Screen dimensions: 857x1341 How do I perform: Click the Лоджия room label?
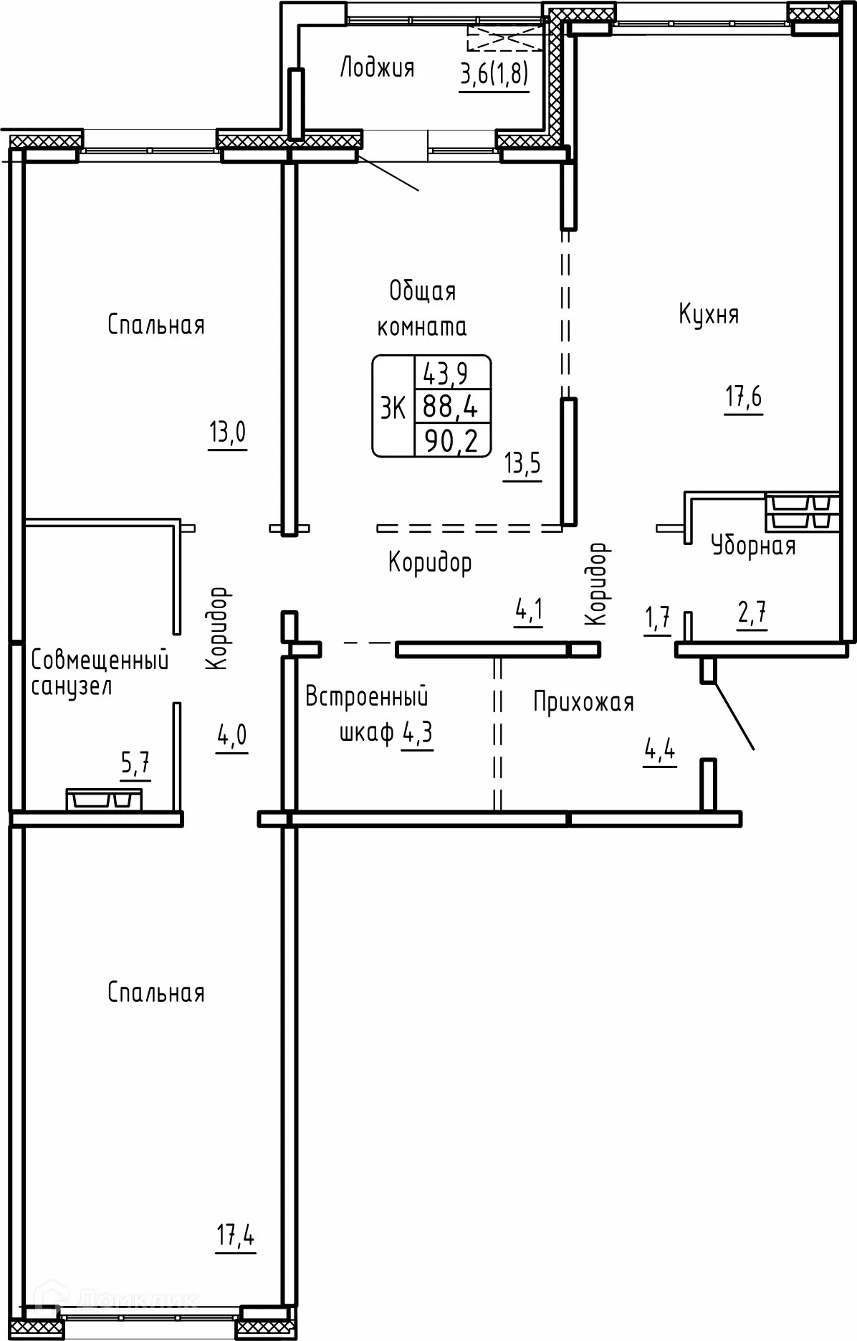pyautogui.click(x=377, y=67)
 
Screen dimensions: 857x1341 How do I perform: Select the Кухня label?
pyautogui.click(x=709, y=314)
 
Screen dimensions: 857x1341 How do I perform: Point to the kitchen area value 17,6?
pyautogui.click(x=743, y=397)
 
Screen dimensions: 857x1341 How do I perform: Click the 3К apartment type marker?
pyautogui.click(x=393, y=408)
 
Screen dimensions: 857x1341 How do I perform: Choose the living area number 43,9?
pyautogui.click(x=445, y=373)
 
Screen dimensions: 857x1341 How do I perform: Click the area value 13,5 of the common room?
pyautogui.click(x=522, y=465)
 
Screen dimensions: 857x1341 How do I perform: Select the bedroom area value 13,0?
pyautogui.click(x=227, y=433)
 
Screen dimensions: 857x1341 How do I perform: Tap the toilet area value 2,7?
pyautogui.click(x=752, y=615)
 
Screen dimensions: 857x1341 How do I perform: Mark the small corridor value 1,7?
pyautogui.click(x=657, y=617)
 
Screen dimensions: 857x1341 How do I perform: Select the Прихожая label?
pyautogui.click(x=583, y=702)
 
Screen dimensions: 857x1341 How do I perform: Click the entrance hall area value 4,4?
pyautogui.click(x=660, y=752)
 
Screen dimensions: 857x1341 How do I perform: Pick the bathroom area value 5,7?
pyautogui.click(x=135, y=765)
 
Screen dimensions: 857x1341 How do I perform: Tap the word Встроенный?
pyautogui.click(x=367, y=696)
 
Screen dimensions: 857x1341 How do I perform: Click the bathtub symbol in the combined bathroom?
pyautogui.click(x=104, y=799)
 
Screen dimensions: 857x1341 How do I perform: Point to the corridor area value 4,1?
pyautogui.click(x=529, y=612)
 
